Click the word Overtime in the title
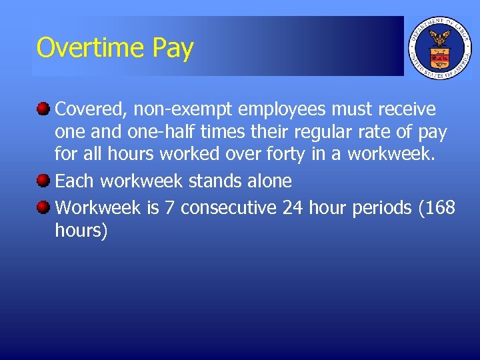[91, 48]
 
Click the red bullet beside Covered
[43, 108]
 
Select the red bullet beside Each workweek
[43, 180]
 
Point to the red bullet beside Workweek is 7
[43, 207]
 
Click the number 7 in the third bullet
[169, 208]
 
